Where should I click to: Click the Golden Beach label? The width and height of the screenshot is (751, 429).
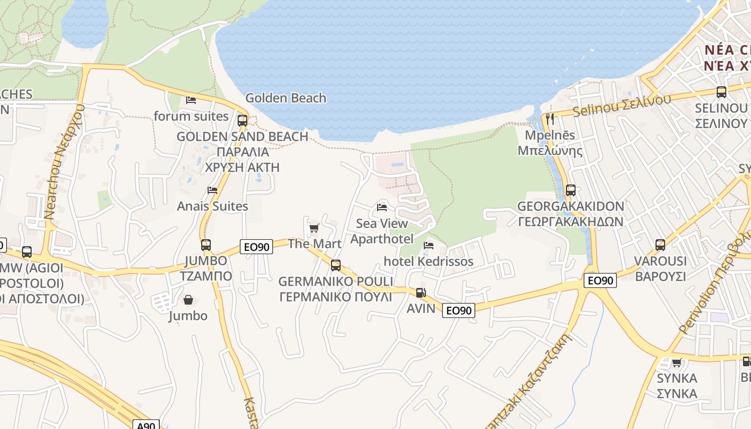click(x=285, y=98)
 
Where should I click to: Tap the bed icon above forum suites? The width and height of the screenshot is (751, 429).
click(x=191, y=100)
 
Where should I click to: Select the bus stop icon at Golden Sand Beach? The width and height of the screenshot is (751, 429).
click(x=242, y=120)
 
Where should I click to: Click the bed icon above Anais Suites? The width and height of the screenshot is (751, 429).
click(x=212, y=190)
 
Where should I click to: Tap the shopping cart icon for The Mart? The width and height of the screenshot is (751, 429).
click(x=314, y=228)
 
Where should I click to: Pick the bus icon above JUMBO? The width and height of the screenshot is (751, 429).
click(x=206, y=245)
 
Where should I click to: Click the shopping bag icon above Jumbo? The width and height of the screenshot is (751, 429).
click(x=188, y=300)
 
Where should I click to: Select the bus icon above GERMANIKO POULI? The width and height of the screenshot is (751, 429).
click(x=336, y=265)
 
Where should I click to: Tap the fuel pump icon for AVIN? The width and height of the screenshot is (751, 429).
click(x=421, y=293)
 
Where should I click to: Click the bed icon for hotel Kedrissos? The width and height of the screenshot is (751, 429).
click(x=429, y=246)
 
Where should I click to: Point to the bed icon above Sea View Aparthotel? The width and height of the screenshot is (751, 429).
click(x=382, y=207)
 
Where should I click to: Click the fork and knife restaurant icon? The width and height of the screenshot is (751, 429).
click(x=549, y=119)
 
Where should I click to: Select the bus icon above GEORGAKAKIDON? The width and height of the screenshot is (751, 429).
click(x=571, y=190)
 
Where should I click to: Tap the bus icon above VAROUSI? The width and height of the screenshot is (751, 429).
click(x=660, y=245)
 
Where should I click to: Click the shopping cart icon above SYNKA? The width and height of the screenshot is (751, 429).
click(x=676, y=363)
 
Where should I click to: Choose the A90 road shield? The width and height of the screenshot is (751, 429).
click(x=146, y=425)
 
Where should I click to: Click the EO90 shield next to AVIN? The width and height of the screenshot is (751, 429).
click(x=459, y=310)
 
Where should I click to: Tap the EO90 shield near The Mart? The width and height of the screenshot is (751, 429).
click(x=256, y=246)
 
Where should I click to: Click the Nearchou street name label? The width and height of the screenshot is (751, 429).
click(x=64, y=161)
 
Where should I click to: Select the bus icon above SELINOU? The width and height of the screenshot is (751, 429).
click(x=721, y=92)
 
